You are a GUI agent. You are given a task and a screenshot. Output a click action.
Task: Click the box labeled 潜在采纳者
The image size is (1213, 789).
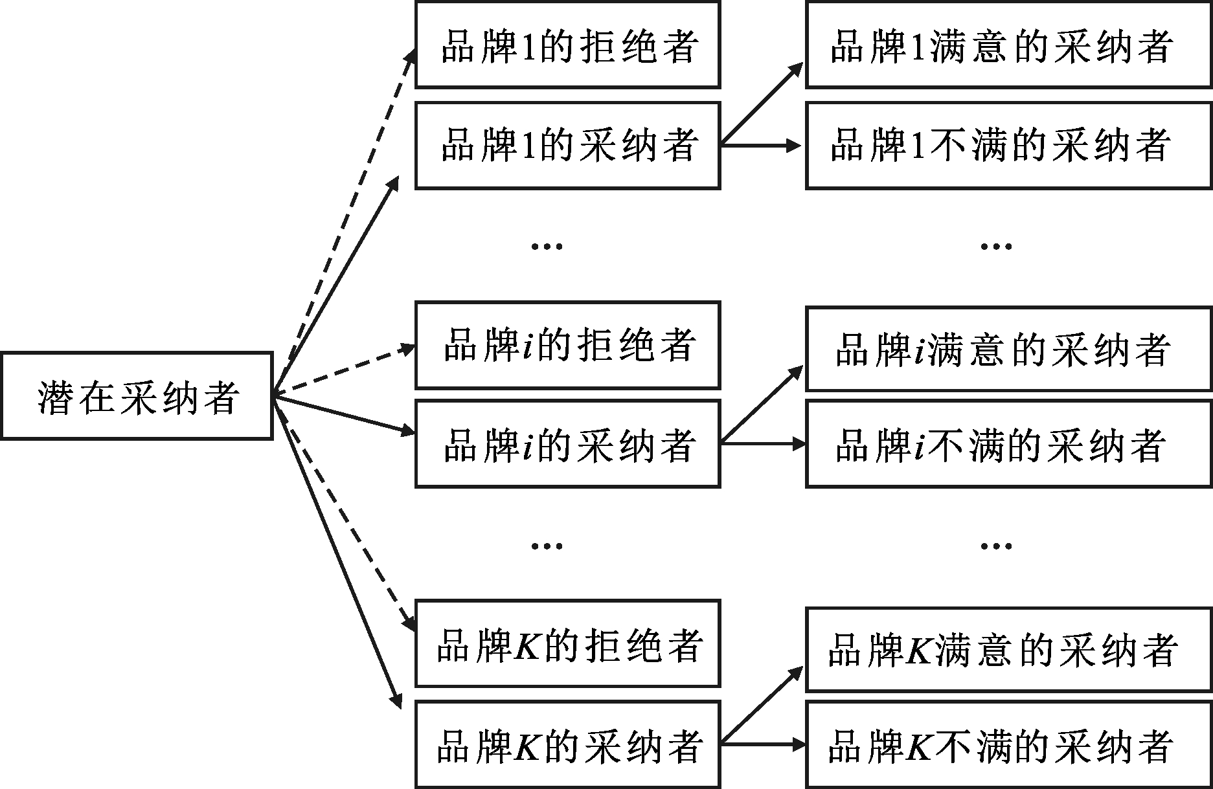(x=137, y=396)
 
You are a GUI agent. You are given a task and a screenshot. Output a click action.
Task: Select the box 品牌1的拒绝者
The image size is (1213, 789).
(x=567, y=45)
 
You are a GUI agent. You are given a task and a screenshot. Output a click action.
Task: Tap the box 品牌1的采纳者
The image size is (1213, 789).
(x=567, y=146)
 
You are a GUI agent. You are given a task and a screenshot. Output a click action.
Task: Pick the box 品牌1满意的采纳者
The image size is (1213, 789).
(x=1008, y=45)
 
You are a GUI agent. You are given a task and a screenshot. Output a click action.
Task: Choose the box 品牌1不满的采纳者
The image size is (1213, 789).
(x=1008, y=146)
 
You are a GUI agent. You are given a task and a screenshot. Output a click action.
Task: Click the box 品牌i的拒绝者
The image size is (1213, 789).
(x=567, y=345)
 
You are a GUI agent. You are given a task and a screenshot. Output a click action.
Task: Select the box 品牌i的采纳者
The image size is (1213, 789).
(x=567, y=444)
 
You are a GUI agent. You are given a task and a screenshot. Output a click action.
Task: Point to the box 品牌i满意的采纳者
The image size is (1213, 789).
(x=1008, y=350)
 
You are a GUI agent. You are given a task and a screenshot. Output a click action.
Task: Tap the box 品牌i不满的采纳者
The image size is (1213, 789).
(x=1008, y=444)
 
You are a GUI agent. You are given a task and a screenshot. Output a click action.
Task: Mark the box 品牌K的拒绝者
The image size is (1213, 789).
(x=567, y=644)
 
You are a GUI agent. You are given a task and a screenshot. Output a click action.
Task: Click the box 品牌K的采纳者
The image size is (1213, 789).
(x=567, y=744)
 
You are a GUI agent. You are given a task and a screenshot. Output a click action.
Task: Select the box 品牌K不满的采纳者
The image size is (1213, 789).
(x=1008, y=744)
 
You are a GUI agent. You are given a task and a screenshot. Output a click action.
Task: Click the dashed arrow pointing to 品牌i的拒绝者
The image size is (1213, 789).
(x=343, y=371)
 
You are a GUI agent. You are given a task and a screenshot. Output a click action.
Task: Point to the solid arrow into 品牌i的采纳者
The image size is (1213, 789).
(x=343, y=415)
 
